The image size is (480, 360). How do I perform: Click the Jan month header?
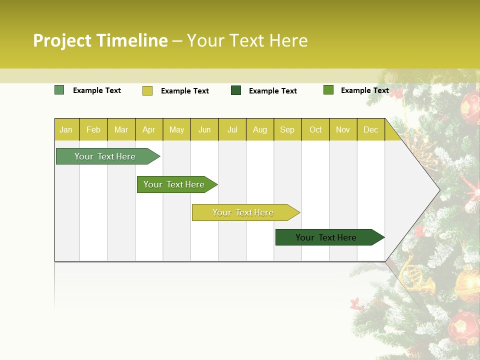coord(66,130)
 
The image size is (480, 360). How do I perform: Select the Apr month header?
coord(148,130)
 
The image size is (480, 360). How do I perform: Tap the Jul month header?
coord(232,130)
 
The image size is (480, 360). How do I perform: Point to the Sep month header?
coord(287,130)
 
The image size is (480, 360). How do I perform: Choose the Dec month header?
coord(370,130)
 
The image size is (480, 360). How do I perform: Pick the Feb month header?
coord(93,130)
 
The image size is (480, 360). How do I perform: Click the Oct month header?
coord(315,130)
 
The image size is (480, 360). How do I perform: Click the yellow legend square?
coord(147,90)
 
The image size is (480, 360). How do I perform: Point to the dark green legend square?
coord(236,90)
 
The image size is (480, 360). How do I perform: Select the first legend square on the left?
coord(59,90)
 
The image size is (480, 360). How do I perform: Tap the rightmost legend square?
coord(328,90)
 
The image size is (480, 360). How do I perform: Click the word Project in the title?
coord(62,40)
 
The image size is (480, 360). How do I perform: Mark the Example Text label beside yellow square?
coord(184,91)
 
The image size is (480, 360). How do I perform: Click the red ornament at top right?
coord(470,106)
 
